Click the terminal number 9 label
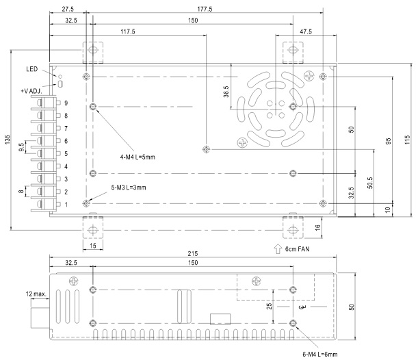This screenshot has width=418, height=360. pyautogui.click(x=66, y=103)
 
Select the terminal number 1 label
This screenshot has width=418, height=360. pyautogui.click(x=66, y=205)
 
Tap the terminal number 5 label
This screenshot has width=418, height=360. pyautogui.click(x=66, y=153)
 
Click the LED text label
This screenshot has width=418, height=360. pyautogui.click(x=32, y=69)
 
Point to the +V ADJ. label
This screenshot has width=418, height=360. pyautogui.click(x=31, y=91)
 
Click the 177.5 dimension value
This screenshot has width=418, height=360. pyautogui.click(x=205, y=9)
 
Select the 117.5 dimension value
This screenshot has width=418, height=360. pyautogui.click(x=128, y=31)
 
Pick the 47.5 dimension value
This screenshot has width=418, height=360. pyautogui.click(x=306, y=31)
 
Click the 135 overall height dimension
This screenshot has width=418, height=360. pyautogui.click(x=8, y=140)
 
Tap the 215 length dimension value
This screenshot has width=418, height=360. pyautogui.click(x=193, y=253)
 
